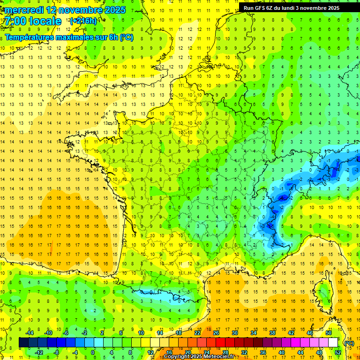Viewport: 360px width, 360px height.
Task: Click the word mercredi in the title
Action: (24, 10)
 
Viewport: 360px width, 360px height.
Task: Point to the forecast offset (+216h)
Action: (83, 21)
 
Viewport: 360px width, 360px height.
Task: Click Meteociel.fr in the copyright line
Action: (219, 357)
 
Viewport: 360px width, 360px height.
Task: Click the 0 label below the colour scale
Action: (93, 352)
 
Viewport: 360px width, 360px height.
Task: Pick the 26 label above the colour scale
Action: (216, 333)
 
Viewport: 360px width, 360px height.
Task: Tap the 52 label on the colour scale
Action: (338, 352)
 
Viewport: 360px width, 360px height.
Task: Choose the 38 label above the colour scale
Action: (272, 333)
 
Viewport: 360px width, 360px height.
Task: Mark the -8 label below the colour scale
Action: (56, 352)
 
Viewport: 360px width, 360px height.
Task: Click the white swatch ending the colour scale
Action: (333, 343)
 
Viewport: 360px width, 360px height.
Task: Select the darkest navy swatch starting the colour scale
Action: (23, 343)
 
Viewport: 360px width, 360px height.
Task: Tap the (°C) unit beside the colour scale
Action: (349, 343)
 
